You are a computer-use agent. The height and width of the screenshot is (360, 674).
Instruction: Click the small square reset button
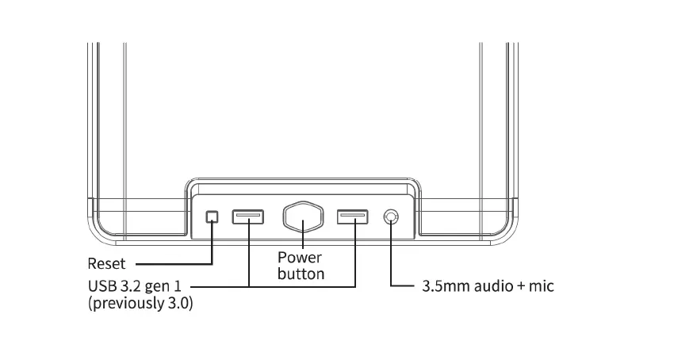(x=212, y=216)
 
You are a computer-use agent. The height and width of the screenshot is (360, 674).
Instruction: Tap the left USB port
(x=248, y=216)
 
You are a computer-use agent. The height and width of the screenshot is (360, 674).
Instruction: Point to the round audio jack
(x=391, y=216)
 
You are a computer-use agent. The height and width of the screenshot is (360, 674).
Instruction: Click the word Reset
(x=106, y=263)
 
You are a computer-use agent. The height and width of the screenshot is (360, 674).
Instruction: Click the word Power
(x=300, y=258)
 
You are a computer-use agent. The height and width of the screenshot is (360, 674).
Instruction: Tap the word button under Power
(x=301, y=274)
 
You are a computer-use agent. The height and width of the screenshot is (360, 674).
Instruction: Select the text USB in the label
(x=102, y=285)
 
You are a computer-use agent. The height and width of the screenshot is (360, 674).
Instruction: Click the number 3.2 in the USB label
(x=129, y=285)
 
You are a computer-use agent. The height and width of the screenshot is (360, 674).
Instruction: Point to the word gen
(x=157, y=286)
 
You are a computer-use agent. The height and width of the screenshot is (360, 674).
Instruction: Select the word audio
(x=494, y=286)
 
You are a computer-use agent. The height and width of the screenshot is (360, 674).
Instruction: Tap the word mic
(x=541, y=286)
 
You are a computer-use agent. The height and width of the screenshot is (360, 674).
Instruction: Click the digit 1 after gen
(x=178, y=285)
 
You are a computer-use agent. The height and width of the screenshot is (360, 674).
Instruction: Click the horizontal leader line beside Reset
(x=170, y=263)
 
